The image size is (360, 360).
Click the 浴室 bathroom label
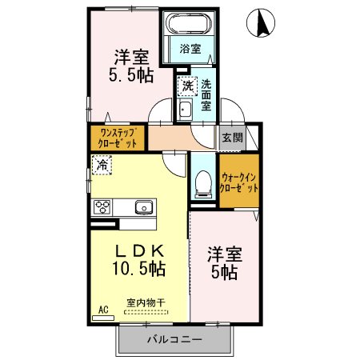tap(190, 49)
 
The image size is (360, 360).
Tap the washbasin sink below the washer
tap(184, 110)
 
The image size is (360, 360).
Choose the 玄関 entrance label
tap(232, 136)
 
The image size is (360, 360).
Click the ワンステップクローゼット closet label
tap(118, 138)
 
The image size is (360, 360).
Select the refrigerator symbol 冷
tap(102, 166)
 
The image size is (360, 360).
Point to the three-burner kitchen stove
tap(102, 206)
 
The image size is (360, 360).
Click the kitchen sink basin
tap(143, 207)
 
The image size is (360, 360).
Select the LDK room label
tap(138, 249)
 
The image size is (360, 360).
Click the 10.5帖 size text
tap(138, 269)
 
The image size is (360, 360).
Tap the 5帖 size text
tap(223, 273)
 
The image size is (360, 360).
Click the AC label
tap(102, 309)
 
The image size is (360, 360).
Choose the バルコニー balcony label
tap(174, 340)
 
